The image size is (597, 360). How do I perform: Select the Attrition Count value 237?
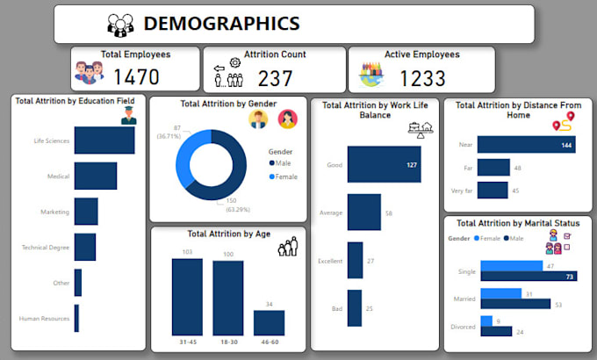[275, 78]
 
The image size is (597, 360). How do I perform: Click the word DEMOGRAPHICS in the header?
[220, 24]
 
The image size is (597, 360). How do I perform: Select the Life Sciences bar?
[104, 140]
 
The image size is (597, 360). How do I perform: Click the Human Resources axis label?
[46, 319]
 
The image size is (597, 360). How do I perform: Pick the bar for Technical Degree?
[85, 248]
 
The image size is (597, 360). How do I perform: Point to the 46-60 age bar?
[269, 322]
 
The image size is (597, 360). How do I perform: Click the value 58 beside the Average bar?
[388, 212]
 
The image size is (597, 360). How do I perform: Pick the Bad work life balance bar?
[355, 308]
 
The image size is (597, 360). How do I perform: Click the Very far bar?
[493, 190]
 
